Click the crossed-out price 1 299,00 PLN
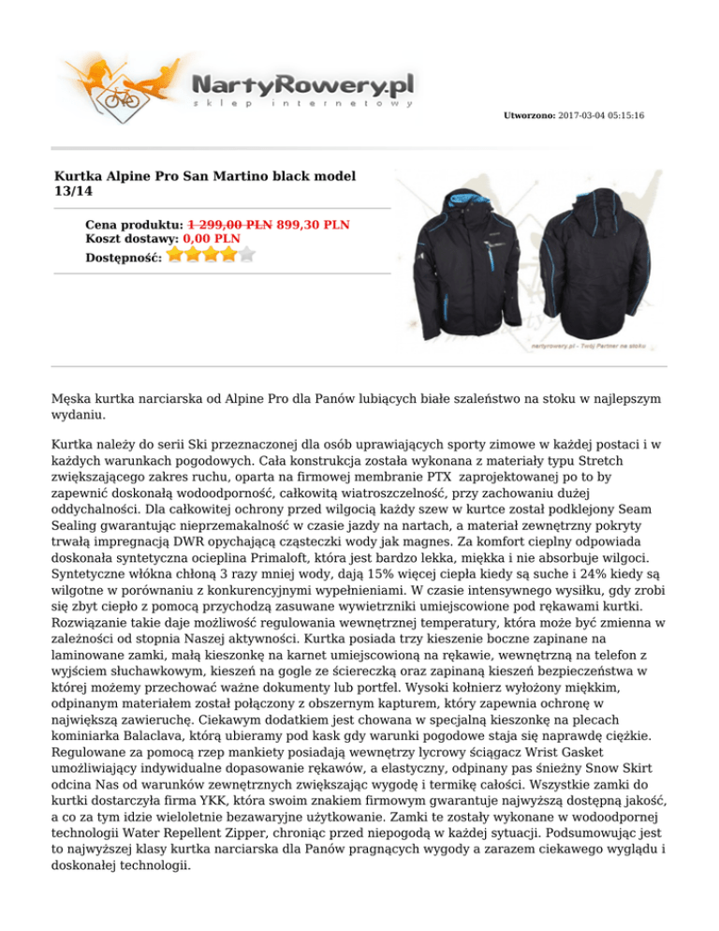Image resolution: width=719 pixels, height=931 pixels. pos(230,225)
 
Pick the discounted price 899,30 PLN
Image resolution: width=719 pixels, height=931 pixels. pos(314,225)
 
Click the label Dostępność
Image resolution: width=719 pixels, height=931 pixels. pos(124,256)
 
